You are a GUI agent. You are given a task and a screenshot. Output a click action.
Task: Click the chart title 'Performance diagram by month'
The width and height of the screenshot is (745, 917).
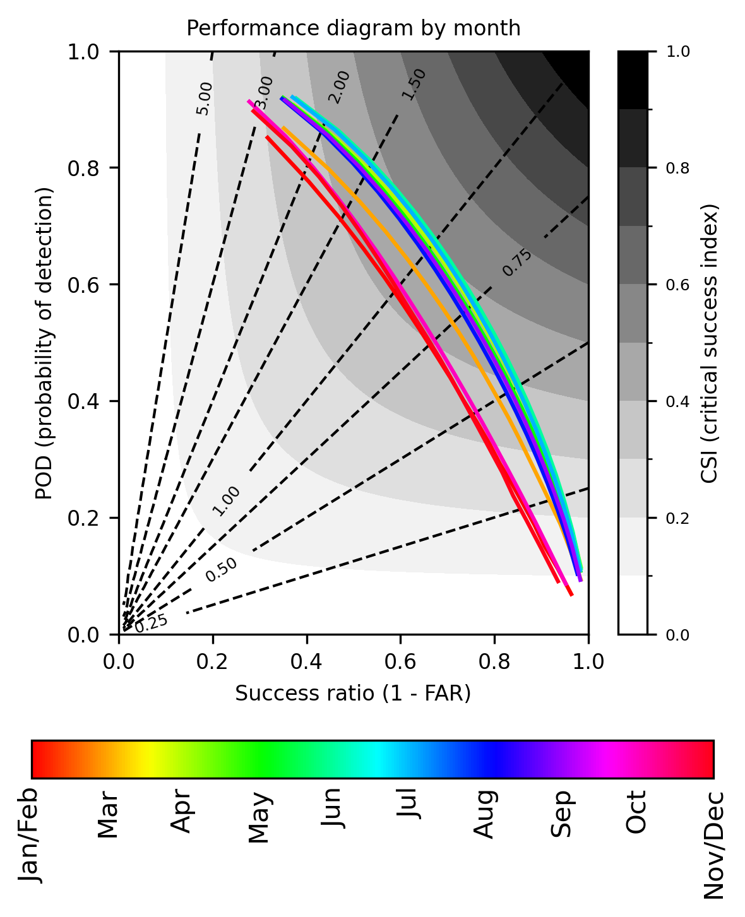pos(354,28)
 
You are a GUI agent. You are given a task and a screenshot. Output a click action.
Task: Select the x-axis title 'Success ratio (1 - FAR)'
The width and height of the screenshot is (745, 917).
pos(353,694)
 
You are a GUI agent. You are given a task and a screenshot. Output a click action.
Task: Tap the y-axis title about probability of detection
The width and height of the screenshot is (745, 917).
pos(44,343)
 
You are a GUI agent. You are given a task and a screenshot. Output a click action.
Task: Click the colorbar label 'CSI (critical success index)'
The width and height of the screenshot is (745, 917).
pos(710,343)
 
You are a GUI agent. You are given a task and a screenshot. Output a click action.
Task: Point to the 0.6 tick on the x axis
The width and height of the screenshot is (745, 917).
pos(401,661)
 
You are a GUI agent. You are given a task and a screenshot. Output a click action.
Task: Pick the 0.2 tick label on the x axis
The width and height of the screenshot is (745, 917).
pos(213,661)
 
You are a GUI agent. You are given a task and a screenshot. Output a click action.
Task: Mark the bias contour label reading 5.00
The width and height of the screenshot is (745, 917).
pos(204,98)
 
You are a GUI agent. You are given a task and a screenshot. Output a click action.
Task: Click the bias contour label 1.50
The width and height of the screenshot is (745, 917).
pos(414,85)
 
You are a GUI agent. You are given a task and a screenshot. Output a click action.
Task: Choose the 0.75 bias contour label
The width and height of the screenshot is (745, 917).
pos(517,263)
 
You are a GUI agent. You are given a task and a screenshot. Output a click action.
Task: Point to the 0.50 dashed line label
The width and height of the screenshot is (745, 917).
pos(222,570)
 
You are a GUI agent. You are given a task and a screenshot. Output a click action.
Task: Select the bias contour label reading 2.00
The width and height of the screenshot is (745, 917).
pos(339,87)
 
